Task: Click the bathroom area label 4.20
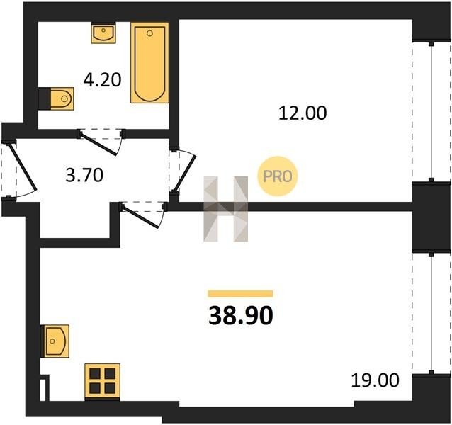click(102, 80)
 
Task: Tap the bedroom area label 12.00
click(303, 113)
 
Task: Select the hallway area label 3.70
click(84, 175)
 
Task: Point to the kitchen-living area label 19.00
click(375, 380)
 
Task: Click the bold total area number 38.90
click(240, 315)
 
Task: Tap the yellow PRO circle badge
click(277, 176)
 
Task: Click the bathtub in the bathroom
click(149, 62)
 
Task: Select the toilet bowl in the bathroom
click(62, 98)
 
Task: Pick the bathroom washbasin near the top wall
click(103, 34)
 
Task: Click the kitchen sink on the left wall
click(55, 341)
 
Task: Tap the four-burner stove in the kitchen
click(102, 382)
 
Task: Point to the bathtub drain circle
click(149, 33)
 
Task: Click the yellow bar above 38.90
click(240, 294)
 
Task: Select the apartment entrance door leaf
click(23, 166)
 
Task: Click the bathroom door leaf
click(98, 144)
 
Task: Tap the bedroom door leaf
click(185, 174)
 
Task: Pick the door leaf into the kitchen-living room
click(140, 216)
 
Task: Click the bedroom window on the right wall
click(431, 113)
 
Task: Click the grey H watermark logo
click(226, 209)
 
